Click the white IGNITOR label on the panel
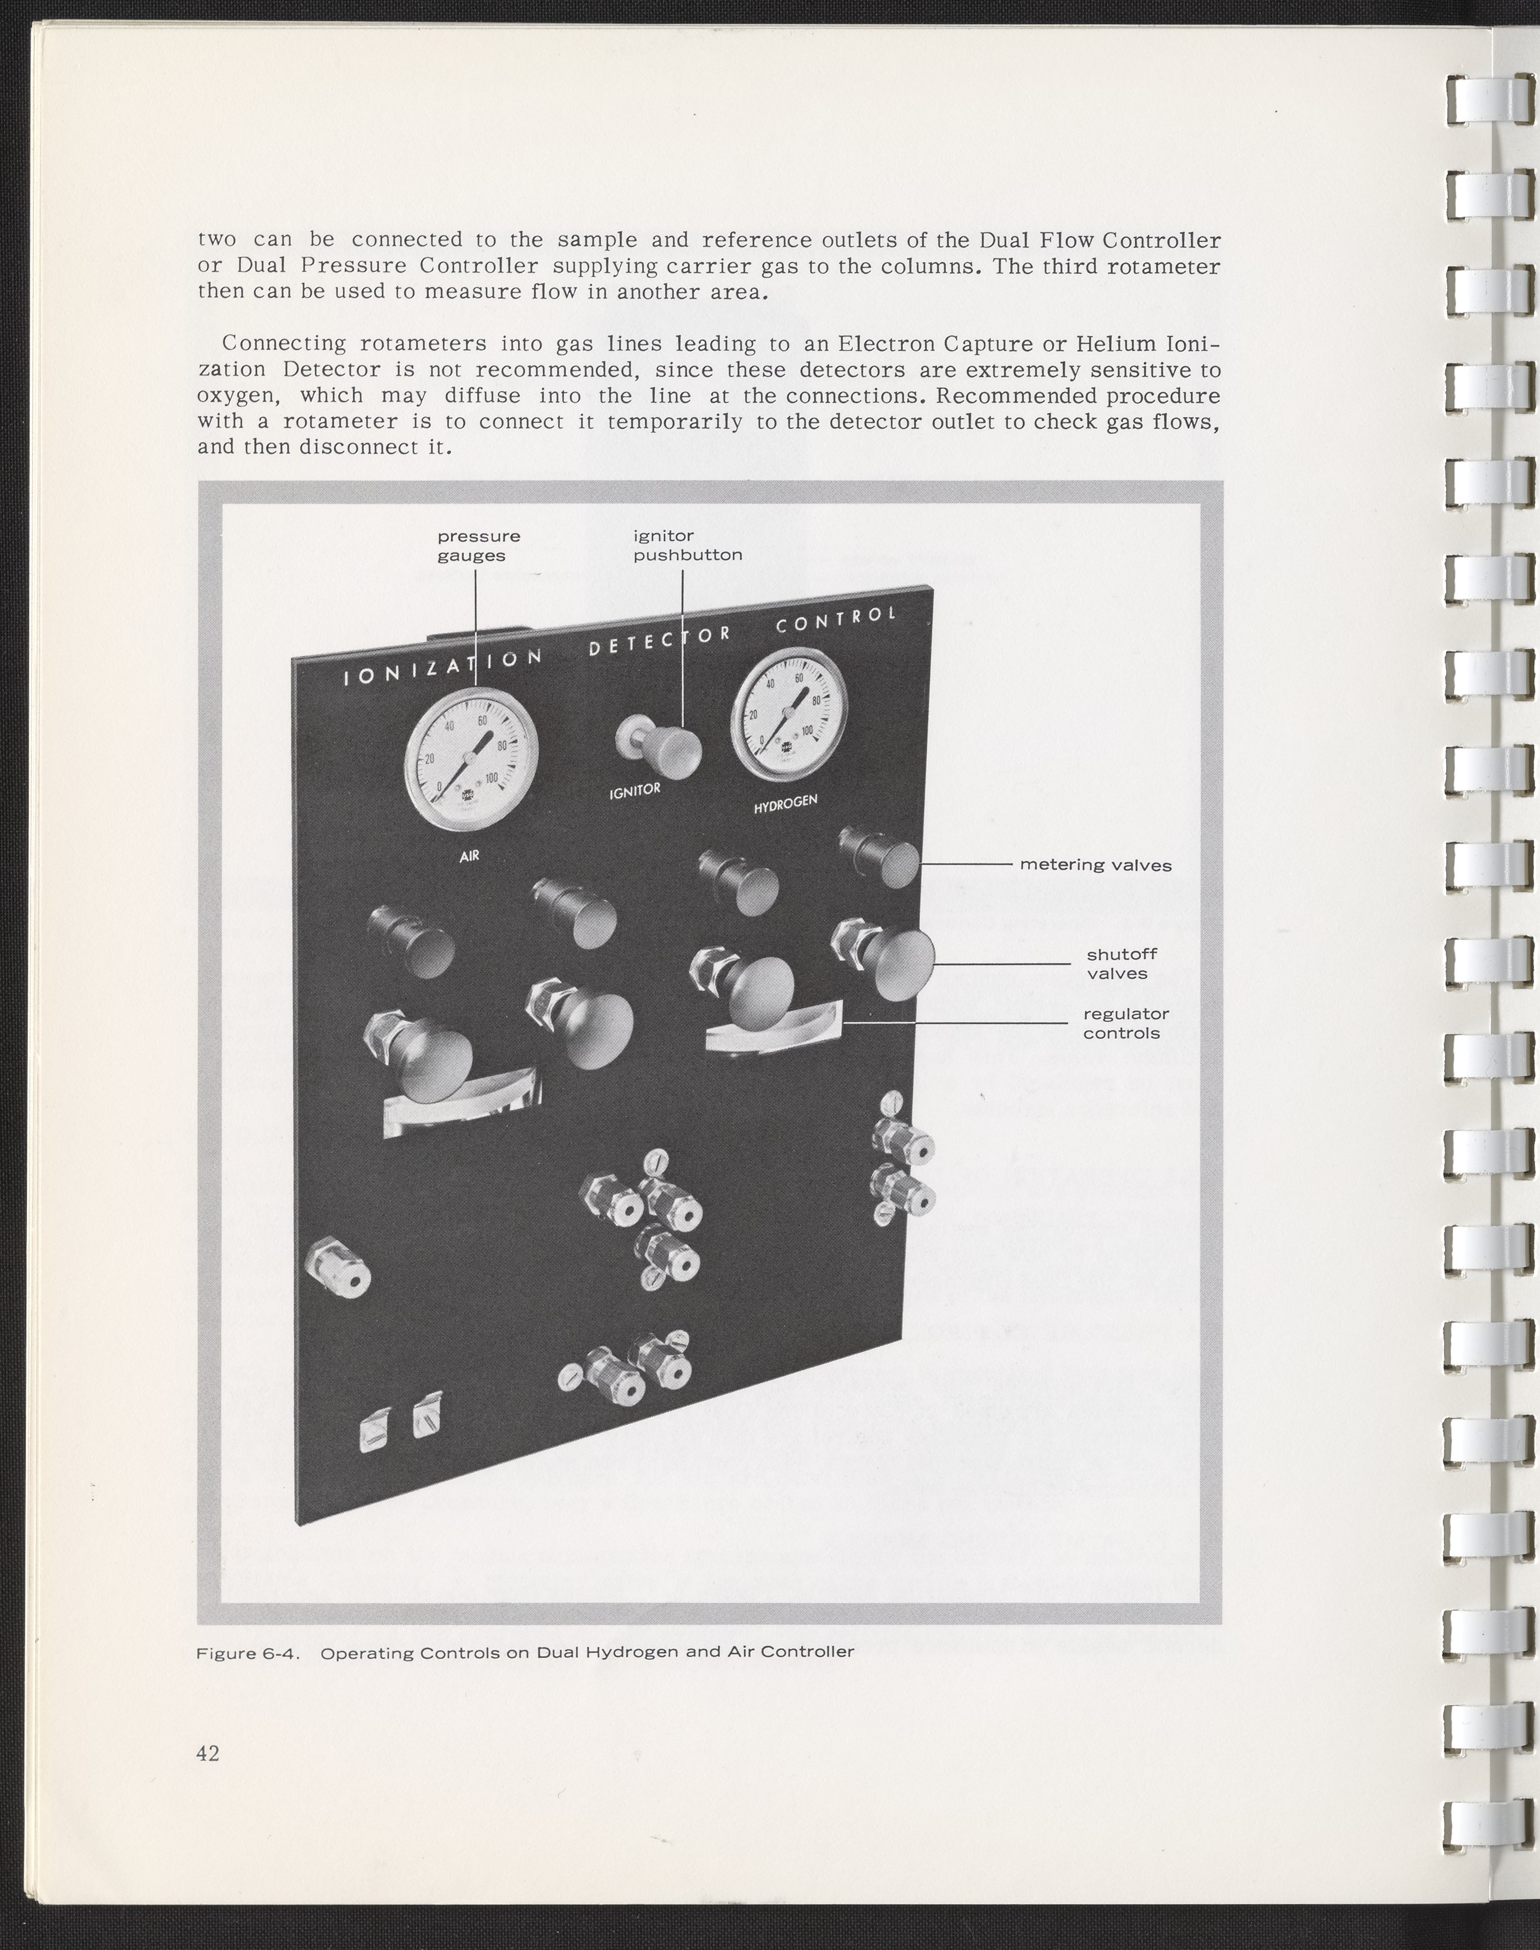[x=635, y=791]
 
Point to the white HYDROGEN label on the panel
[x=786, y=803]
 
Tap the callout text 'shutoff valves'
[x=1120, y=963]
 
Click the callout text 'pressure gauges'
[x=478, y=545]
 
